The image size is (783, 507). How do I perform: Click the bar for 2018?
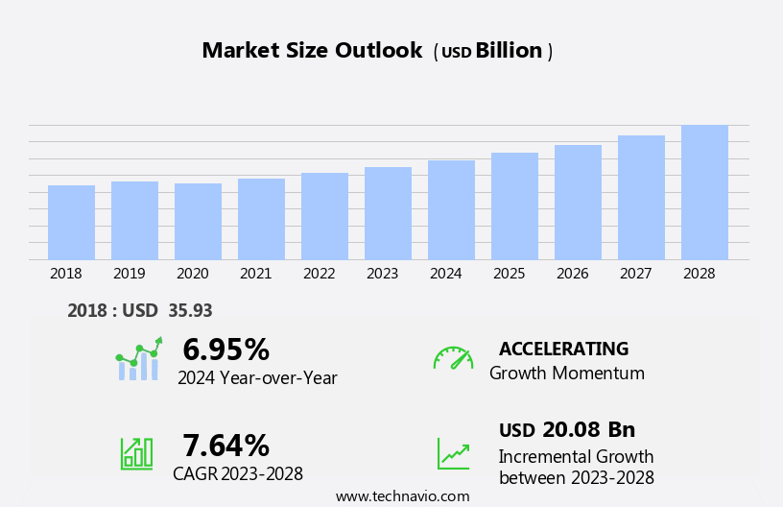click(71, 223)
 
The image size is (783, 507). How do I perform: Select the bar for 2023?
click(388, 213)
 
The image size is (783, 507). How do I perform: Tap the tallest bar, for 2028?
click(704, 192)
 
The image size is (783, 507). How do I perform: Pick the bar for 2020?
click(198, 222)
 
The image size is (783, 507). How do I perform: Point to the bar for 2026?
click(578, 203)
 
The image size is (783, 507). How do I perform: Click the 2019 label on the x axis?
click(129, 274)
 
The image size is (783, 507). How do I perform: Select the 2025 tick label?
click(509, 274)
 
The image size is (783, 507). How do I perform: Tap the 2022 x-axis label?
click(319, 274)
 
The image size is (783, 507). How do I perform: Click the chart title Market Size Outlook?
click(312, 51)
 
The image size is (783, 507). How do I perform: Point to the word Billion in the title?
click(509, 51)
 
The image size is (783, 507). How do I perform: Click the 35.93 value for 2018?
click(190, 310)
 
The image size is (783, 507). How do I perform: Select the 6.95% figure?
click(225, 350)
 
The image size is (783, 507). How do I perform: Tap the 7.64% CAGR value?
click(225, 446)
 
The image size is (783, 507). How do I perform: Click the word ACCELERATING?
click(563, 349)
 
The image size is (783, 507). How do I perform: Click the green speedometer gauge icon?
click(453, 358)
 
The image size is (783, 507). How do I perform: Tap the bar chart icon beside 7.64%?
click(136, 452)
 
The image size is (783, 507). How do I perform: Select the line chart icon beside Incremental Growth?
click(453, 453)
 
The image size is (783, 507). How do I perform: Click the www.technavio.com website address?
click(402, 496)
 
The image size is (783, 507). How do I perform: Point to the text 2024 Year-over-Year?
click(257, 378)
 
